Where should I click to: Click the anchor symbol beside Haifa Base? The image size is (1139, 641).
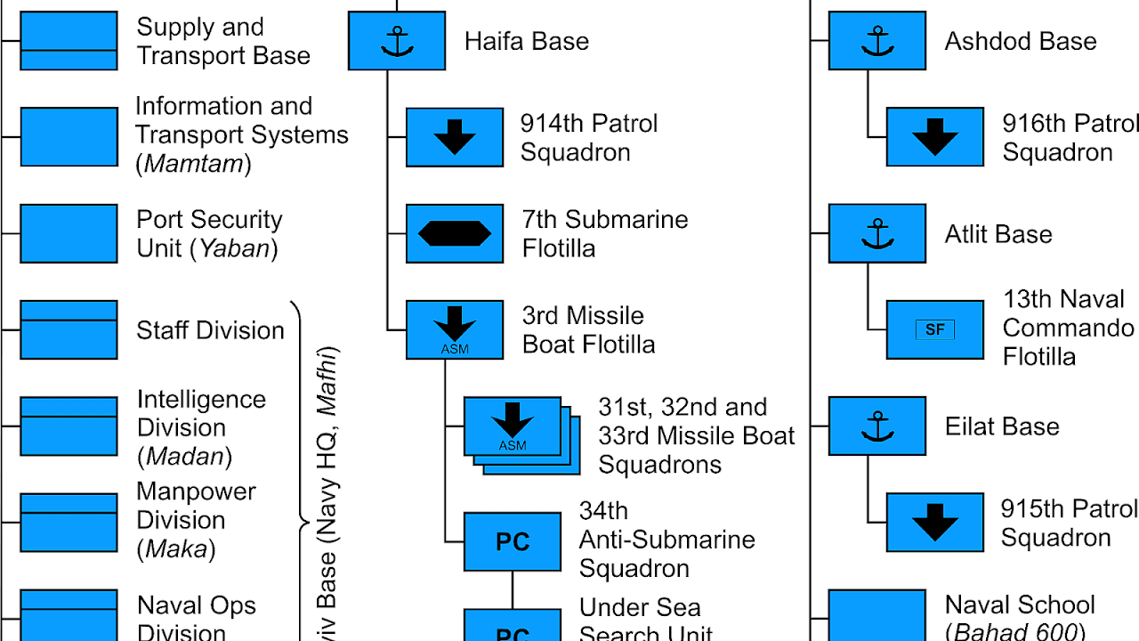397,41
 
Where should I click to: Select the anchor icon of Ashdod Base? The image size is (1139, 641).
877,41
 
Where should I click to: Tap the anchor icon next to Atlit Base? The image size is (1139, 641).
877,234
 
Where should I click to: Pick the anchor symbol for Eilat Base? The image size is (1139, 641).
877,426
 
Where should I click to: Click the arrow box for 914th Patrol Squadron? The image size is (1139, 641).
455,137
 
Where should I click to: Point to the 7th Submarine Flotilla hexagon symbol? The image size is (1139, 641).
455,233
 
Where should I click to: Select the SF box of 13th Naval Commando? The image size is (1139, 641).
935,329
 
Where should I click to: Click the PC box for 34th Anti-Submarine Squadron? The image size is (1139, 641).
513,541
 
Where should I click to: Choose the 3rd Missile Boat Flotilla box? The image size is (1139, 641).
455,329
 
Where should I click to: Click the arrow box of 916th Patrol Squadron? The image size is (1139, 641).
935,137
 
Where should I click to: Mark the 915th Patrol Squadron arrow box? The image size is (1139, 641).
935,523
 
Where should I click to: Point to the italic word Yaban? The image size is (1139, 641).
234,248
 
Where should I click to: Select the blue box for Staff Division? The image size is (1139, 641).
69,329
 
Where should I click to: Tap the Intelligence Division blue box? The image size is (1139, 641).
69,426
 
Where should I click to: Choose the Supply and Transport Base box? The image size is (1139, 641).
69,41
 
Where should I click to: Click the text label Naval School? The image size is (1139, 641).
1020,605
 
